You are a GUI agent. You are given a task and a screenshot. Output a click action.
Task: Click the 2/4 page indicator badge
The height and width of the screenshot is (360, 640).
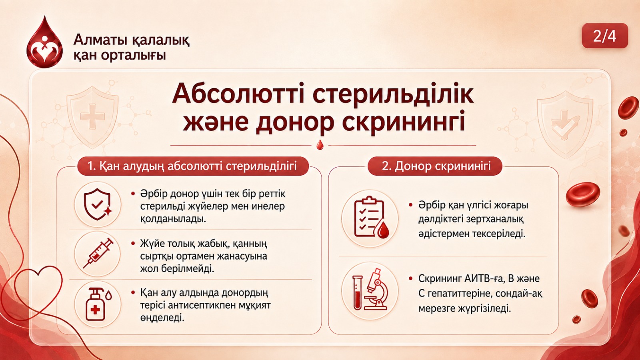tap(605, 36)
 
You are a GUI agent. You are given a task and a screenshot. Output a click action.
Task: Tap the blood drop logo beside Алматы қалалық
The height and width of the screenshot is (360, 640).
tap(44, 42)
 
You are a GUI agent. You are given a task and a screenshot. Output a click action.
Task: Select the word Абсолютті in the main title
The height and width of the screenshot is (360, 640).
tap(238, 94)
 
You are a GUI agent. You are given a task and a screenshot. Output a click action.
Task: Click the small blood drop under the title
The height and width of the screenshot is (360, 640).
tap(320, 145)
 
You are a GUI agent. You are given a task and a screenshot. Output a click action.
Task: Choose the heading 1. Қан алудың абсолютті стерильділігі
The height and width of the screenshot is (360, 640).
tap(192, 166)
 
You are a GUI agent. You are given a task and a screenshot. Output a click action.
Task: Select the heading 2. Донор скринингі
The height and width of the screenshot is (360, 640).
tap(435, 166)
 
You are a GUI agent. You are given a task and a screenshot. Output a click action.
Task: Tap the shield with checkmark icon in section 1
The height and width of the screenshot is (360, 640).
tap(98, 204)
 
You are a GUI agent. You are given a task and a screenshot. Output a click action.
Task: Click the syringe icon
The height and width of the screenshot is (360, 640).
tap(98, 253)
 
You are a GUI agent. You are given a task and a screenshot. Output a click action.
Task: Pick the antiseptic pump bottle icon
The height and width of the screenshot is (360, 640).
tap(98, 304)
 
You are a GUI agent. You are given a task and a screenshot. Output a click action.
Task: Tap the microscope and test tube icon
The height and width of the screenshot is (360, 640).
tap(370, 290)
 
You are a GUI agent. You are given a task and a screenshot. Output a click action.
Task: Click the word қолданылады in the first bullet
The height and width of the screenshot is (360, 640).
tap(173, 219)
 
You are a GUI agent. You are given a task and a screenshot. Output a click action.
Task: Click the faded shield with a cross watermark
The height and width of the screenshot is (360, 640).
tap(92, 117)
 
